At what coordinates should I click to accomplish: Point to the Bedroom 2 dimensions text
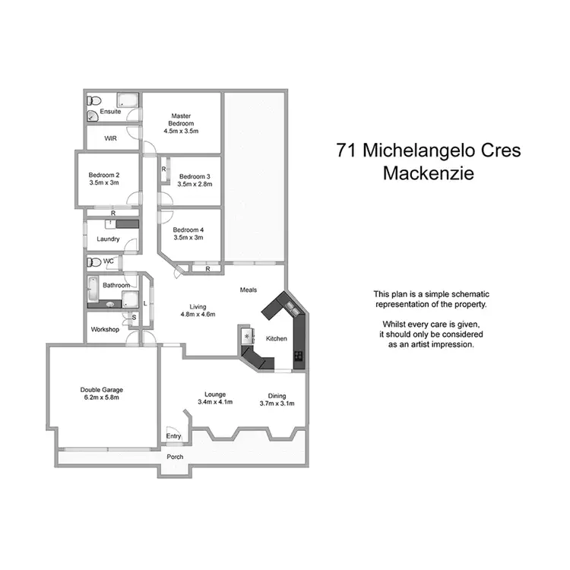(104, 183)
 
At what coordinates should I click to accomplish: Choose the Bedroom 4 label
(188, 230)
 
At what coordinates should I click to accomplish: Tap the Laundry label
(108, 239)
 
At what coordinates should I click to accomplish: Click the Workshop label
(105, 330)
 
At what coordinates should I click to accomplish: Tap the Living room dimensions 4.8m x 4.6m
(198, 314)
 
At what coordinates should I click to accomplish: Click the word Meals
(249, 290)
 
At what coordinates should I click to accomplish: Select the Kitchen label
(277, 338)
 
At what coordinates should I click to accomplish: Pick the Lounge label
(215, 394)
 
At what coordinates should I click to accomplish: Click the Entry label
(174, 436)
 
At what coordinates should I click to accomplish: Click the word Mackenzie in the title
(428, 173)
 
